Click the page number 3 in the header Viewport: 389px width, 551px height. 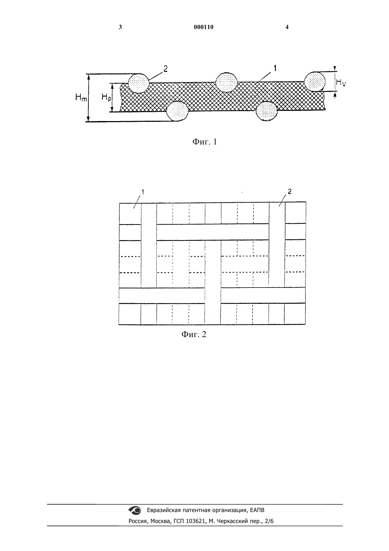point(120,27)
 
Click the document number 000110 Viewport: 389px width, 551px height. point(204,27)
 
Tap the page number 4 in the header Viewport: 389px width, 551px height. point(287,27)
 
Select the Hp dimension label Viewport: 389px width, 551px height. point(106,98)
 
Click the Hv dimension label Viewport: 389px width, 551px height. point(341,83)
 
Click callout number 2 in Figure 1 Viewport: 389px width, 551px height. point(166,69)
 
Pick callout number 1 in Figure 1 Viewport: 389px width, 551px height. point(275,68)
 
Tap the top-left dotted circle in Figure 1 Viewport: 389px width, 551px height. point(139,83)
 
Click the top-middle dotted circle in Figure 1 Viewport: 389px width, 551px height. point(226,82)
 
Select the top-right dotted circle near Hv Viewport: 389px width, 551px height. point(315,81)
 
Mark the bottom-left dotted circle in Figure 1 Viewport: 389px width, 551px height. point(177,112)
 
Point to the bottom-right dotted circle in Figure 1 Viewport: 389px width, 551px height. point(267,111)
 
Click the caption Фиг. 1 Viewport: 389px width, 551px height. point(204,142)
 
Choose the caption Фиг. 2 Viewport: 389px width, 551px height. point(194,334)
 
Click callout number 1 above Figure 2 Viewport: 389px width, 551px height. point(143,192)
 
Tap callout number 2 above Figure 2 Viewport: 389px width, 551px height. point(290,191)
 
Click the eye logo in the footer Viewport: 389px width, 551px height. point(135,510)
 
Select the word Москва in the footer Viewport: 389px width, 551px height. point(160,521)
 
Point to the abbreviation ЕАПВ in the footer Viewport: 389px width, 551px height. point(257,510)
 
